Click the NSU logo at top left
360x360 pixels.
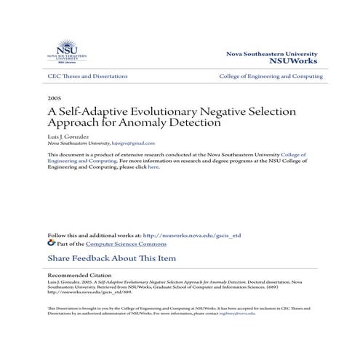tap(66, 52)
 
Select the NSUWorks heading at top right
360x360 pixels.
tap(297, 62)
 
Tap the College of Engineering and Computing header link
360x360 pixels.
tap(271, 76)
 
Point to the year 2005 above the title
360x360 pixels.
tap(54, 97)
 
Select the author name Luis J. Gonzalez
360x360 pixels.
tap(67, 136)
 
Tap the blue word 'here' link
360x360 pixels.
tap(153, 167)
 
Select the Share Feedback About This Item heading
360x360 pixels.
tap(111, 258)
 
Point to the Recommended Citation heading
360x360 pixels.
tap(79, 276)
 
